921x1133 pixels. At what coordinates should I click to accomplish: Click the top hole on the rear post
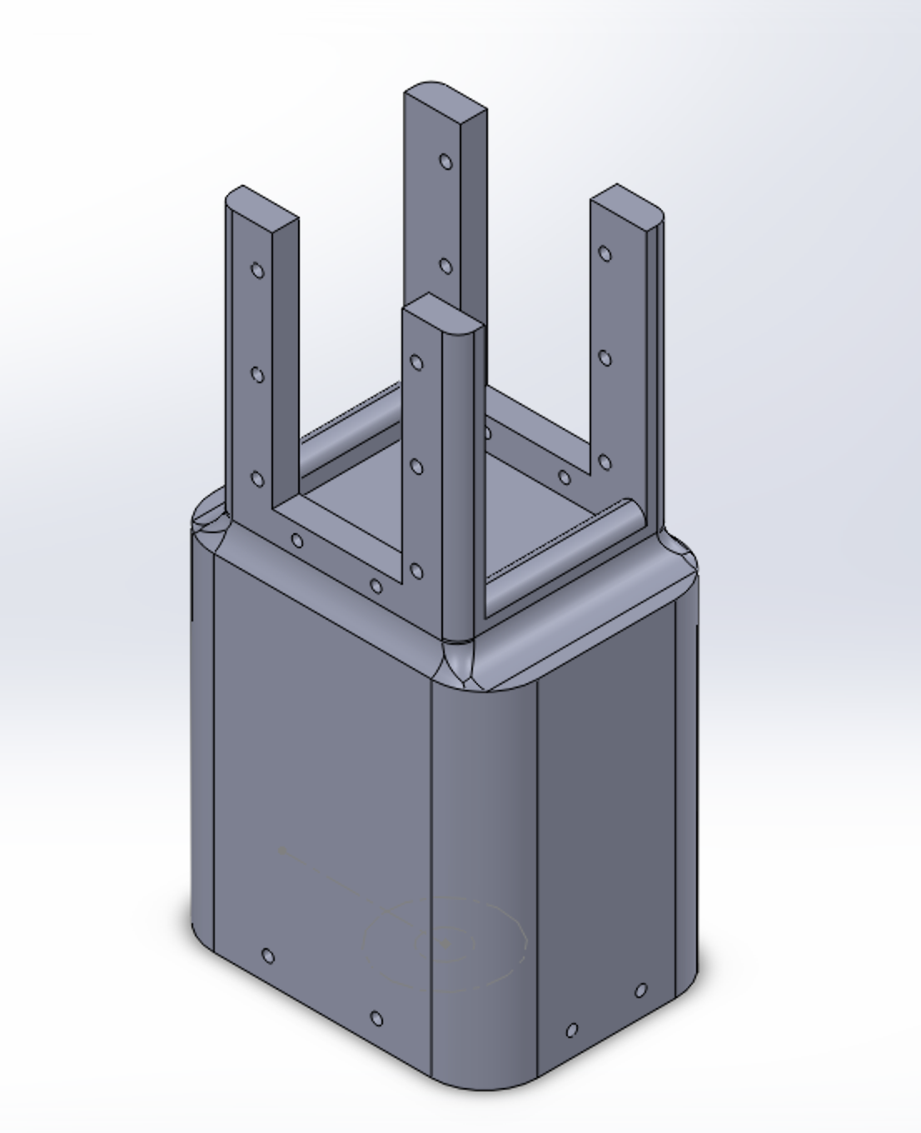[446, 162]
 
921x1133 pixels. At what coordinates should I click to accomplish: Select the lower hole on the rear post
[446, 267]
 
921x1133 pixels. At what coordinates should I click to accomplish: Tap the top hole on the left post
[258, 271]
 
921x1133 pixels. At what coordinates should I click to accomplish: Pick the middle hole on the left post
[258, 375]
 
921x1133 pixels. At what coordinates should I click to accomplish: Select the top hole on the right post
[605, 254]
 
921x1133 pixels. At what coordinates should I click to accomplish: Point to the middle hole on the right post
[605, 358]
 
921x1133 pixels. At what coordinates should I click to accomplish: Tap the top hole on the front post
[416, 362]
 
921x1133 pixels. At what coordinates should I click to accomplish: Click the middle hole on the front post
[416, 467]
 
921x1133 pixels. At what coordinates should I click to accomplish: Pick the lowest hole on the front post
[416, 571]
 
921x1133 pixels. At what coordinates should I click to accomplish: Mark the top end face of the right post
[627, 205]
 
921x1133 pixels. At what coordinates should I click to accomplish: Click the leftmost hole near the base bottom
[268, 956]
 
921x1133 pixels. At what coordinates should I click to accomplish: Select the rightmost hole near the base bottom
[640, 991]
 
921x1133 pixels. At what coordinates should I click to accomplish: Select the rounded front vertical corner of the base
[483, 875]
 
